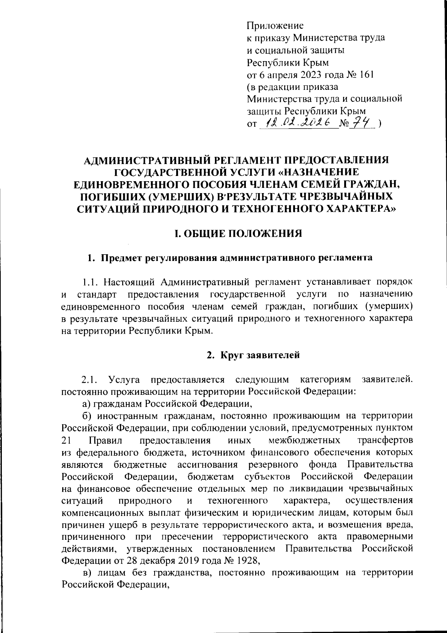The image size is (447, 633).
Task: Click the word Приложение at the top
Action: (x=275, y=26)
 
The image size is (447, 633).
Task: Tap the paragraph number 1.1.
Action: (x=90, y=282)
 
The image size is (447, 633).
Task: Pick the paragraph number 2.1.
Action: (x=90, y=380)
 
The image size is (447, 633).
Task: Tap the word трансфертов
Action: (x=385, y=440)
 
